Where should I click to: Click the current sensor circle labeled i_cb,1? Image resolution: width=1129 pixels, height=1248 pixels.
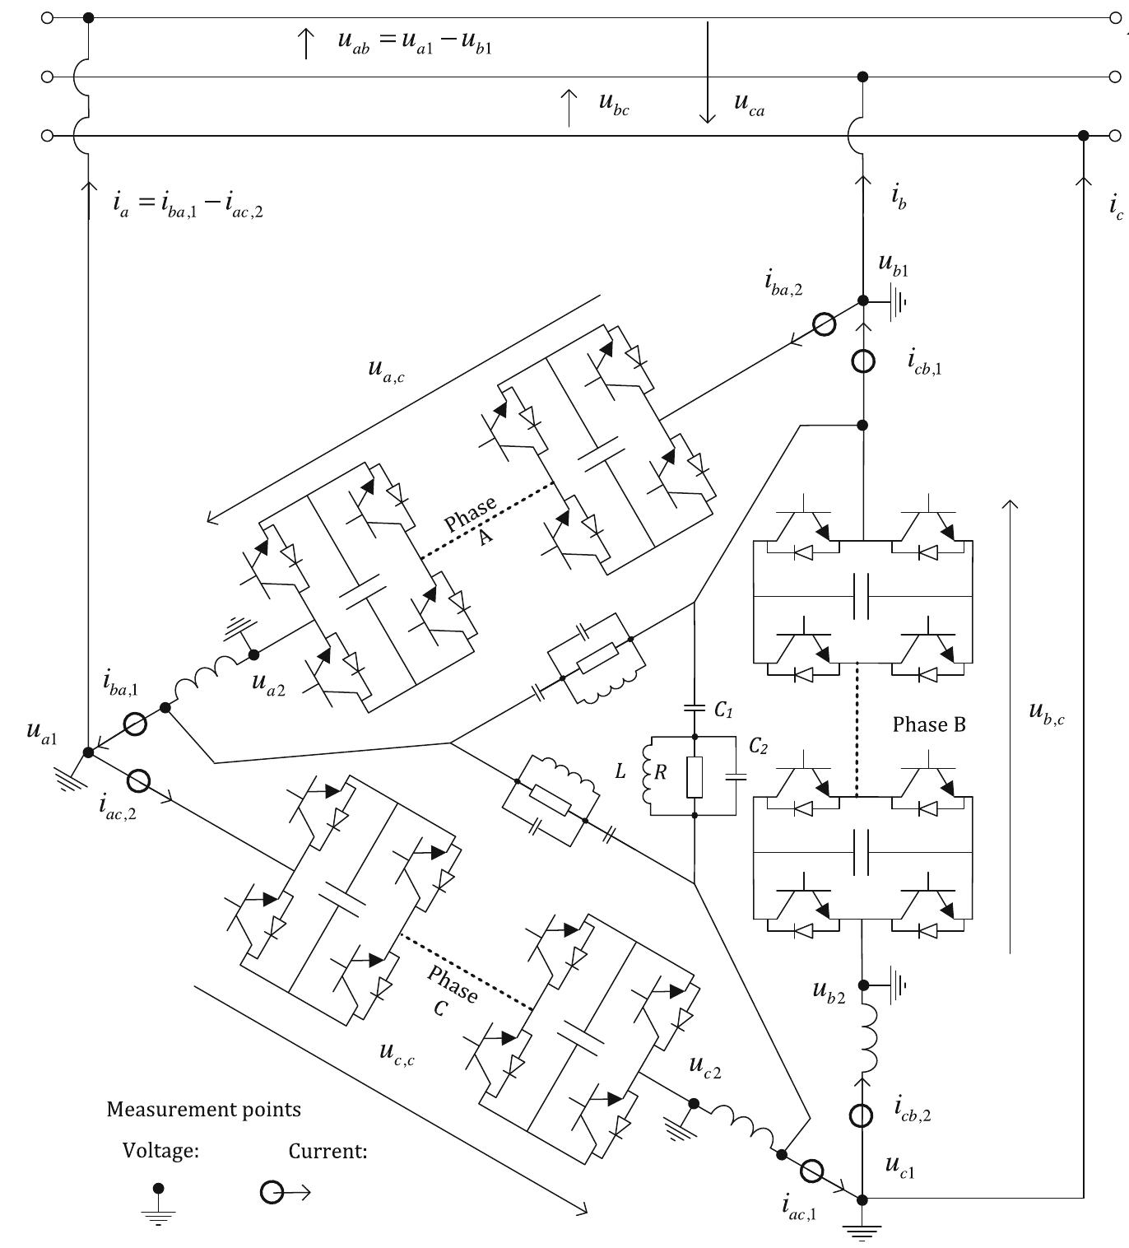pos(862,361)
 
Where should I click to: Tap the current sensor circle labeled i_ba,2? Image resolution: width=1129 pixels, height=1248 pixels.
pos(825,324)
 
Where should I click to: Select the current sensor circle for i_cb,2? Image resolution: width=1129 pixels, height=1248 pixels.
pos(862,1115)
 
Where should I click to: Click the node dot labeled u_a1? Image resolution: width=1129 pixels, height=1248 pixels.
pos(88,752)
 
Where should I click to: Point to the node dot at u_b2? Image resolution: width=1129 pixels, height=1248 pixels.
pos(862,985)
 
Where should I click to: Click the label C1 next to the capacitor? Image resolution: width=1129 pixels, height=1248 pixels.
pos(723,709)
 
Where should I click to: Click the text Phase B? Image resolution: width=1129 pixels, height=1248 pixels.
pos(929,724)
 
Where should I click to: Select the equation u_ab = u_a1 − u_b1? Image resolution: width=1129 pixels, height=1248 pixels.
pos(415,42)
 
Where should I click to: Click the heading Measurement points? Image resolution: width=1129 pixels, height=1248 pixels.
pos(203,1109)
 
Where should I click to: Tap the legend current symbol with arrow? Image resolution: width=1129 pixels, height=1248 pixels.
pos(284,1191)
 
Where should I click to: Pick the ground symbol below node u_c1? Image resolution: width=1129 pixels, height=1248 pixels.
pos(862,1232)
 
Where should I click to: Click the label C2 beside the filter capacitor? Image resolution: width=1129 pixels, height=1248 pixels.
pos(758,746)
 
